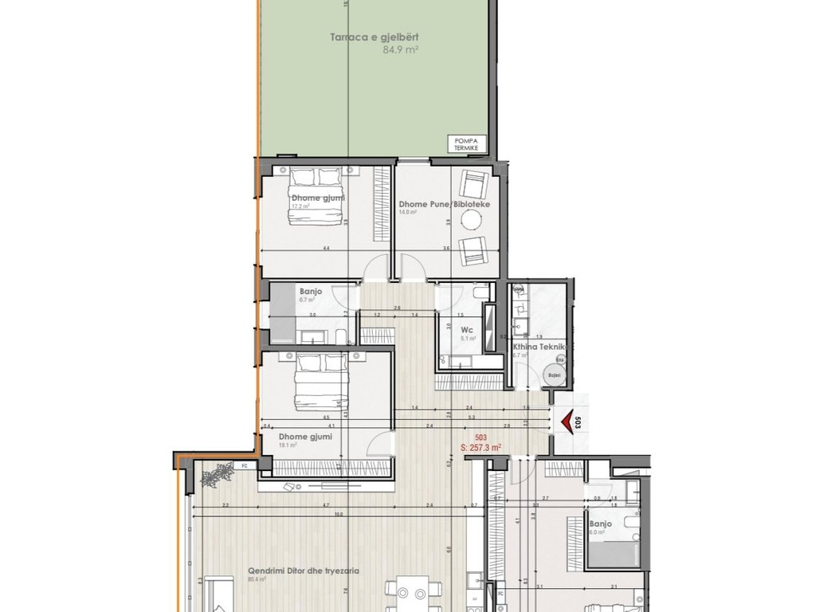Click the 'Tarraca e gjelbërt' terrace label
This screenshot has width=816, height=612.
pyautogui.click(x=375, y=37)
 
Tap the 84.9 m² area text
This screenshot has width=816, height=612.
pyautogui.click(x=401, y=49)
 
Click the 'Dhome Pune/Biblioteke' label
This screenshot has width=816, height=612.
pyautogui.click(x=444, y=204)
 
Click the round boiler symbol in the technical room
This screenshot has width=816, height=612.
pyautogui.click(x=551, y=374)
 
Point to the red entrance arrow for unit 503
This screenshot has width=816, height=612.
pyautogui.click(x=567, y=422)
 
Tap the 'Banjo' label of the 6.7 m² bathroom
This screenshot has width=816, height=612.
pyautogui.click(x=311, y=292)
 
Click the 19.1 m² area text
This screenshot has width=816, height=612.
pyautogui.click(x=288, y=445)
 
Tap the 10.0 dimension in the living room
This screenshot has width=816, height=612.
pyautogui.click(x=339, y=514)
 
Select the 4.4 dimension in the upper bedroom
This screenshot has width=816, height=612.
pyautogui.click(x=327, y=249)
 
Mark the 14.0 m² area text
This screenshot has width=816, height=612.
pyautogui.click(x=408, y=213)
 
